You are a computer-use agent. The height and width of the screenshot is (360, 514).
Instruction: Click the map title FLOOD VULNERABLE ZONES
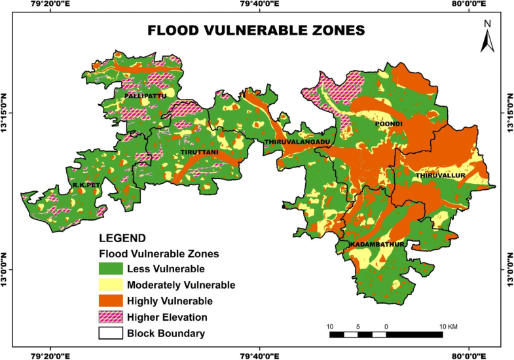click(255, 31)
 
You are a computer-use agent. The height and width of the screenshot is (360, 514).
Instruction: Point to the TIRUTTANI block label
click(198, 153)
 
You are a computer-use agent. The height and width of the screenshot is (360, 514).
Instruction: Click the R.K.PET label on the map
click(85, 185)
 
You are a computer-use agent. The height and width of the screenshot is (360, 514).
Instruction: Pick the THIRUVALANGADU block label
click(296, 141)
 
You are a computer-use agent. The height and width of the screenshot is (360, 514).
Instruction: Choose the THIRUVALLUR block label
click(439, 176)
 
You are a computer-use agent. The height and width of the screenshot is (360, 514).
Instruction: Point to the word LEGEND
click(122, 238)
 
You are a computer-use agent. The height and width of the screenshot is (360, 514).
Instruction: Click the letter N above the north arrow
click(487, 24)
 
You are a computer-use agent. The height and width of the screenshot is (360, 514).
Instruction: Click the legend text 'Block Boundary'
click(166, 333)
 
